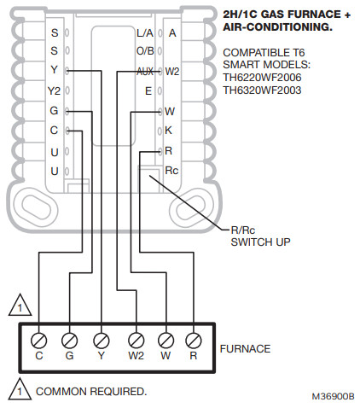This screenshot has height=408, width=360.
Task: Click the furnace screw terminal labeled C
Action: [38, 335]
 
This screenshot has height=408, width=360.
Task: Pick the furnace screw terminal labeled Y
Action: [101, 335]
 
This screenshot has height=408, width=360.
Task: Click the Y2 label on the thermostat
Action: [54, 90]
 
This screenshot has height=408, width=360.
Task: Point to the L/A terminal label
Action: [144, 33]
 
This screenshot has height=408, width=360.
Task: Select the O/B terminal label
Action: [144, 52]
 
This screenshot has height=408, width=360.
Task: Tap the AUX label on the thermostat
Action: [144, 71]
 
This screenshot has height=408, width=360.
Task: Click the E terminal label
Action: [148, 90]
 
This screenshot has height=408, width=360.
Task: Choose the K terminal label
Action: [169, 130]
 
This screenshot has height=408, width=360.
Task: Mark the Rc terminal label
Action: [171, 169]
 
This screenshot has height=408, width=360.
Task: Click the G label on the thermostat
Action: [54, 111]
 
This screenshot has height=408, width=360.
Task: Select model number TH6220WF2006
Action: [262, 75]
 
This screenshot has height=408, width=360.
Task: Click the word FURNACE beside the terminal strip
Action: [245, 348]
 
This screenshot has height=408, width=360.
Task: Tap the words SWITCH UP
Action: [260, 242]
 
